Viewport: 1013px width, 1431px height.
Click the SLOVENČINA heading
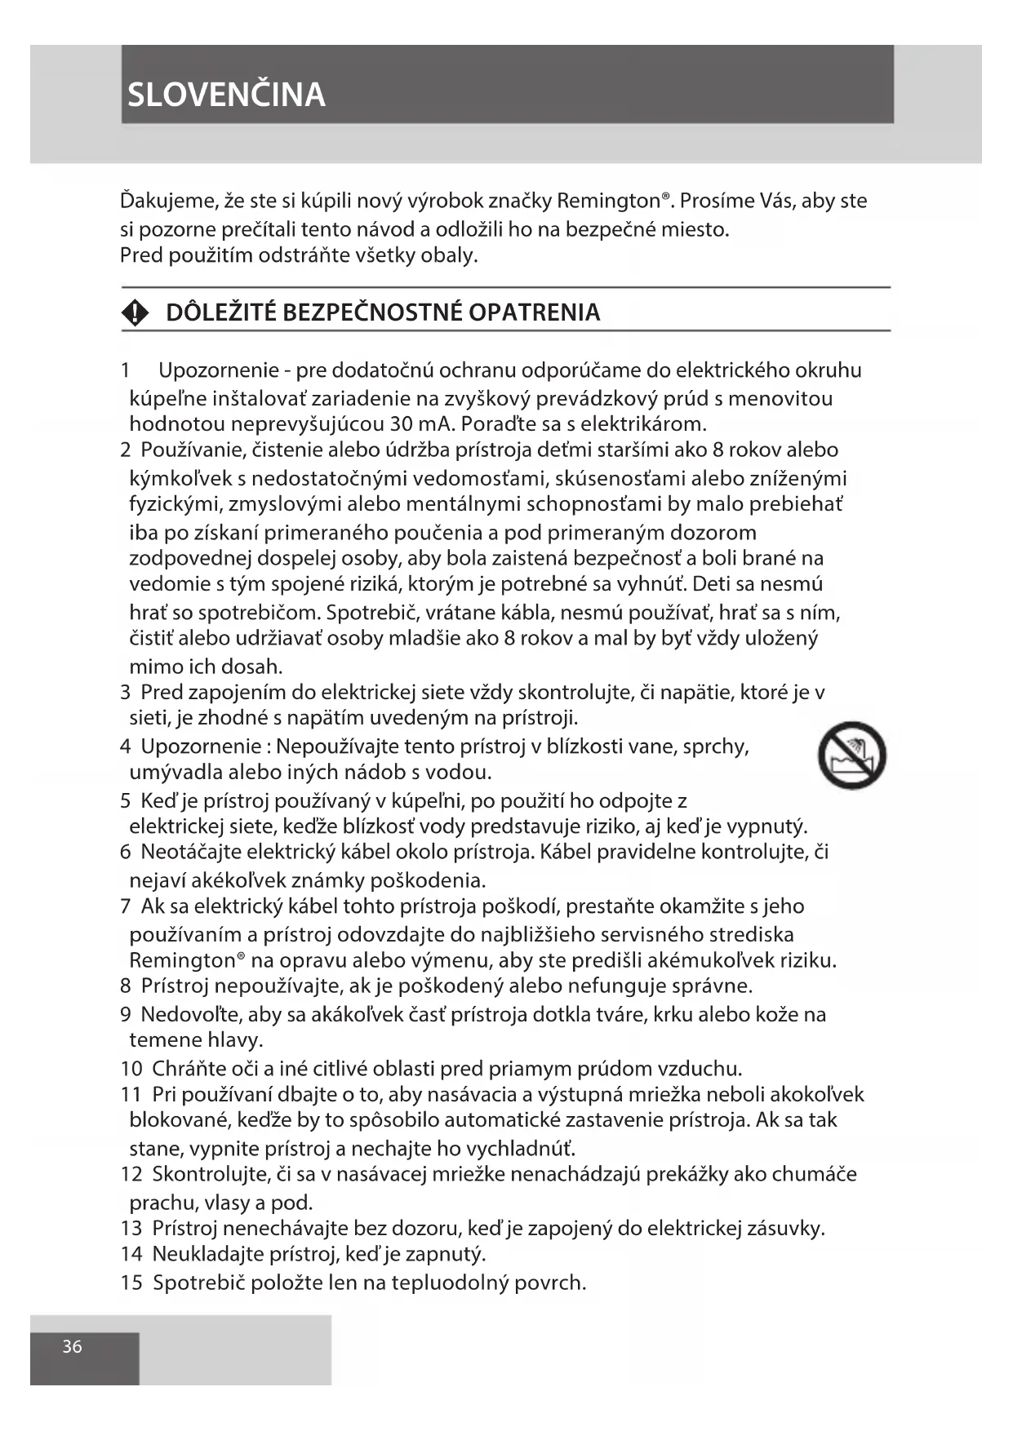pyautogui.click(x=226, y=95)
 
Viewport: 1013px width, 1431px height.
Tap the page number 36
pyautogui.click(x=72, y=1346)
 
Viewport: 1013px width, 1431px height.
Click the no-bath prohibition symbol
pyautogui.click(x=851, y=755)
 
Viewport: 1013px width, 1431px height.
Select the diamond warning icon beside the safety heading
pyautogui.click(x=135, y=312)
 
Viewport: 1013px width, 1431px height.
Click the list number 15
pyautogui.click(x=131, y=1283)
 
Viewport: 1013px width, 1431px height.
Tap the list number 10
pyautogui.click(x=131, y=1068)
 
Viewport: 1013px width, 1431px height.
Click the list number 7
pyautogui.click(x=126, y=906)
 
